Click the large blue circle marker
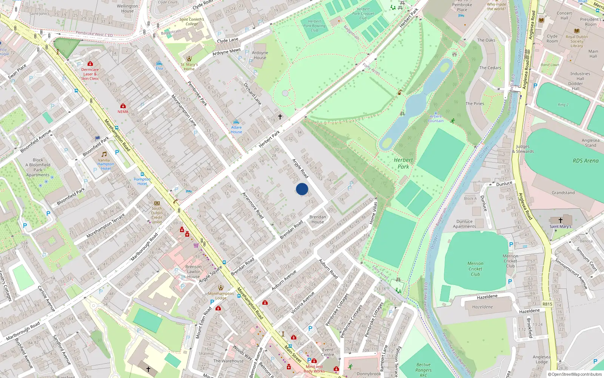[302, 189]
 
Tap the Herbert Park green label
[403, 163]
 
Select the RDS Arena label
[586, 161]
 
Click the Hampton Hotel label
[142, 181]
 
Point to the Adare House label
[236, 130]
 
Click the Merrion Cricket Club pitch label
[475, 269]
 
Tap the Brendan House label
[317, 219]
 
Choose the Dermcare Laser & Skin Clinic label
[90, 74]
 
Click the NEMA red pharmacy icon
[123, 106]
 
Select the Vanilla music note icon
[104, 154]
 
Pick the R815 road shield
[547, 304]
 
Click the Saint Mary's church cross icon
[561, 220]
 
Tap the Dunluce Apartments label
[464, 224]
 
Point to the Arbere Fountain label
[436, 119]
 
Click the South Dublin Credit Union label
[157, 215]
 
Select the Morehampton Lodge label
[221, 296]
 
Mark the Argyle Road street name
[300, 168]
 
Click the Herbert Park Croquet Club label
[363, 14]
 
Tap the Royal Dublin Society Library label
[576, 41]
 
